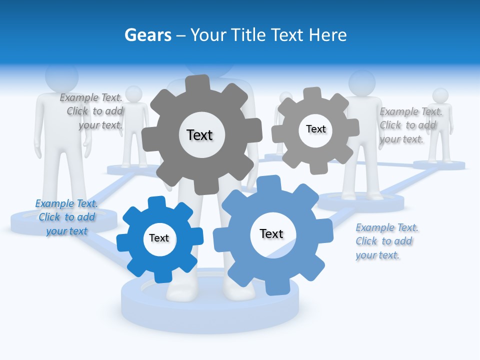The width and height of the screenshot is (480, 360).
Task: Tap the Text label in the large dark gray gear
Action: click(199, 135)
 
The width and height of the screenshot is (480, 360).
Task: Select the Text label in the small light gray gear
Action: click(315, 129)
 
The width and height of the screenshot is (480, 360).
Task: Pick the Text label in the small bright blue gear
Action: click(159, 238)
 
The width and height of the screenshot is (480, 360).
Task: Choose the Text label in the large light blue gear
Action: click(271, 233)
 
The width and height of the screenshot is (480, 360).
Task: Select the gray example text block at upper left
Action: click(92, 111)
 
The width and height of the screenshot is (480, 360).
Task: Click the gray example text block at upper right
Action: click(410, 125)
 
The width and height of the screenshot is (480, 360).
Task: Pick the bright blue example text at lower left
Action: click(66, 217)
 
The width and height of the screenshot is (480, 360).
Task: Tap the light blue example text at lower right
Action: click(386, 241)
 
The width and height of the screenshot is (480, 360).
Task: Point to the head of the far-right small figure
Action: click(440, 96)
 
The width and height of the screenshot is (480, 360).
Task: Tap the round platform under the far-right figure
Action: click(439, 164)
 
